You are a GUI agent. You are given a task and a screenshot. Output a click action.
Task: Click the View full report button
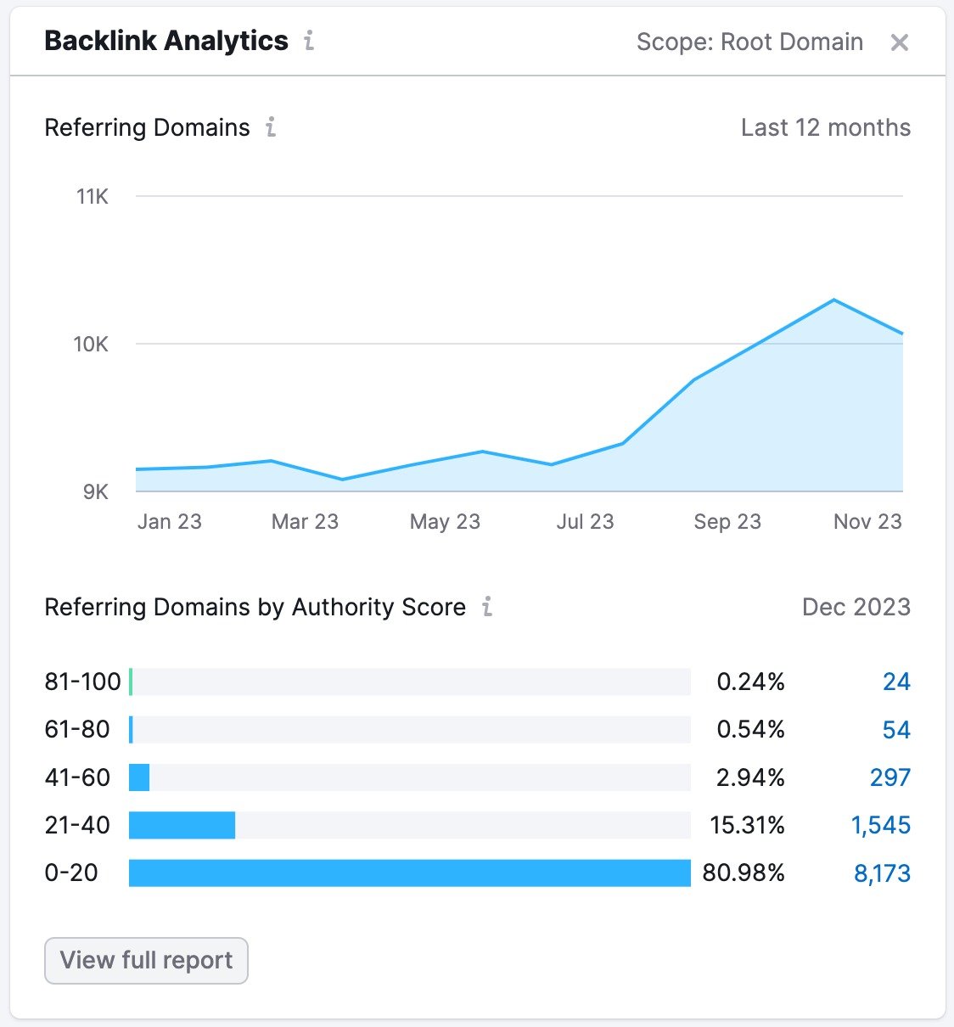pyautogui.click(x=146, y=961)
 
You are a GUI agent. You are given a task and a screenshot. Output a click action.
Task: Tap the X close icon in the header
pyautogui.click(x=899, y=42)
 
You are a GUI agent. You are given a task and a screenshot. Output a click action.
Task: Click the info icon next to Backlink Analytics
pyautogui.click(x=309, y=41)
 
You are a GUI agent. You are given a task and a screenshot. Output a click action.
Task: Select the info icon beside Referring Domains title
pyautogui.click(x=271, y=127)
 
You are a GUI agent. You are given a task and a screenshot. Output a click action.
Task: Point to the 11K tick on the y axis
pyautogui.click(x=93, y=197)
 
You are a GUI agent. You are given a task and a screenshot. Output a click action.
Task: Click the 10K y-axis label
pyautogui.click(x=91, y=345)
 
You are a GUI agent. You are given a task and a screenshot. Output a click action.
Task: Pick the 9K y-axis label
pyautogui.click(x=95, y=492)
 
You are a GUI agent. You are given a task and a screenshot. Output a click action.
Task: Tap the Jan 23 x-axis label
pyautogui.click(x=170, y=521)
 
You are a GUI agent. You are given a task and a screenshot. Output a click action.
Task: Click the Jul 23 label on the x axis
pyautogui.click(x=585, y=521)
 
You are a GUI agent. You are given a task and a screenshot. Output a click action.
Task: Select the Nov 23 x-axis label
pyautogui.click(x=867, y=521)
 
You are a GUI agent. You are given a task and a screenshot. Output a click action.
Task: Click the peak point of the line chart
pyautogui.click(x=834, y=300)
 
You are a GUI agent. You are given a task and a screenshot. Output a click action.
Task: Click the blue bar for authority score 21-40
pyautogui.click(x=182, y=825)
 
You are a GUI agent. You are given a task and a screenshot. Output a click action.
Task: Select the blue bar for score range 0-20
pyautogui.click(x=409, y=873)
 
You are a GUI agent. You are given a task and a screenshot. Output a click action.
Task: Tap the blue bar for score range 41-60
pyautogui.click(x=139, y=777)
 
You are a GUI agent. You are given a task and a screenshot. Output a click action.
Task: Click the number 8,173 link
pyautogui.click(x=882, y=873)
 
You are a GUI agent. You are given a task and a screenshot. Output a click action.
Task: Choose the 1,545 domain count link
pyautogui.click(x=880, y=825)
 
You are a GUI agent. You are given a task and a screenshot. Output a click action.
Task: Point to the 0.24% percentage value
pyautogui.click(x=750, y=682)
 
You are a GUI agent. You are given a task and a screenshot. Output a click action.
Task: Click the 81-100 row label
pyautogui.click(x=82, y=682)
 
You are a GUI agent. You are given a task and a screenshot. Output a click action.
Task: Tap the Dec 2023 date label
pyautogui.click(x=856, y=607)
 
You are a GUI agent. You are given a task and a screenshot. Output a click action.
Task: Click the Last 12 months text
pyautogui.click(x=825, y=127)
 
